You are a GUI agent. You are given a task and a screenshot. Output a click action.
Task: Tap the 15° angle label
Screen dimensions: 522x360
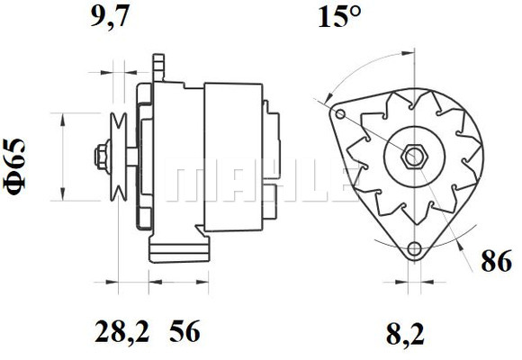click(x=339, y=17)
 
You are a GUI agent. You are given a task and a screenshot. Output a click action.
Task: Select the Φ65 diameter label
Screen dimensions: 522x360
click(x=14, y=166)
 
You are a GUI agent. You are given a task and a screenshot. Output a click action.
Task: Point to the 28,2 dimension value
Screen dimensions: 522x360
click(x=122, y=332)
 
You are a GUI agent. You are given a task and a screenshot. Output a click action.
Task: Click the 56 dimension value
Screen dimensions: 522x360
click(x=185, y=331)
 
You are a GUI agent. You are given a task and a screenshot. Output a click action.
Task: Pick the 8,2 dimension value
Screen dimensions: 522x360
click(x=406, y=334)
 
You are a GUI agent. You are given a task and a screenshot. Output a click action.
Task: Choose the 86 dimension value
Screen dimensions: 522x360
click(x=497, y=261)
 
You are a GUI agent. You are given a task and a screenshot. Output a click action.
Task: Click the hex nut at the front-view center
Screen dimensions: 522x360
click(x=414, y=156)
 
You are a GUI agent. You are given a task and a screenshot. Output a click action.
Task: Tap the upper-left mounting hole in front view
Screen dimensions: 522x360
click(x=340, y=114)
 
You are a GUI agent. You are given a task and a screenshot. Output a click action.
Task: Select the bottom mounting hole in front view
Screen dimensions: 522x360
click(x=415, y=249)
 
